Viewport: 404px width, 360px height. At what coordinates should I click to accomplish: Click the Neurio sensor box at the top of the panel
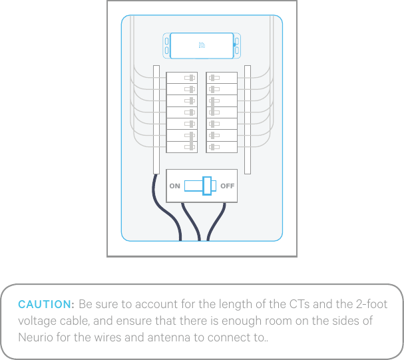tap(202, 46)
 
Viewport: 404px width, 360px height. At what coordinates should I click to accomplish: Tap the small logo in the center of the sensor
tap(202, 46)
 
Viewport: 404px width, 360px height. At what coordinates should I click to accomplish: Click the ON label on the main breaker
tap(174, 186)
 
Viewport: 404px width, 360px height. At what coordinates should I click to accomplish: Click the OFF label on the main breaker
tap(227, 186)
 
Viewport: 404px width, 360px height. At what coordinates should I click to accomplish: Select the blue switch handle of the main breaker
tap(207, 186)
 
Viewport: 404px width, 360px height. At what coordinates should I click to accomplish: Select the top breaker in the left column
tap(182, 78)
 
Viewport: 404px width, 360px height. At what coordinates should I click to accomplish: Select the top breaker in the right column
tap(222, 78)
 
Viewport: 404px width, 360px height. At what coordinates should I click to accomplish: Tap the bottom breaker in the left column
tap(182, 146)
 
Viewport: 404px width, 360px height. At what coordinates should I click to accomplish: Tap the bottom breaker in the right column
tap(222, 146)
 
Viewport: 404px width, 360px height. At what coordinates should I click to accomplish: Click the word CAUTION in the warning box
tap(45, 305)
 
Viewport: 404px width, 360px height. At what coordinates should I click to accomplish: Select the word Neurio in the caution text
tap(35, 337)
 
